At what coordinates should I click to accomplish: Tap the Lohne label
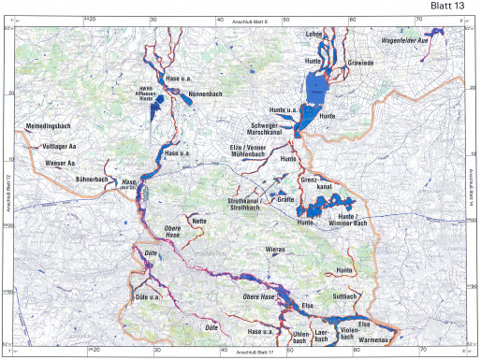pos(315,35)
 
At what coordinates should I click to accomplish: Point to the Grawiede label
pos(360,63)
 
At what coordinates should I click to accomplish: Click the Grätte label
pos(286,199)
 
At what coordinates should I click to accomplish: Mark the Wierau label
pos(275,250)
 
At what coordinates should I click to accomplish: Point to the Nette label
pos(198,220)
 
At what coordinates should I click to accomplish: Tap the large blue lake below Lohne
pos(319,93)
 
